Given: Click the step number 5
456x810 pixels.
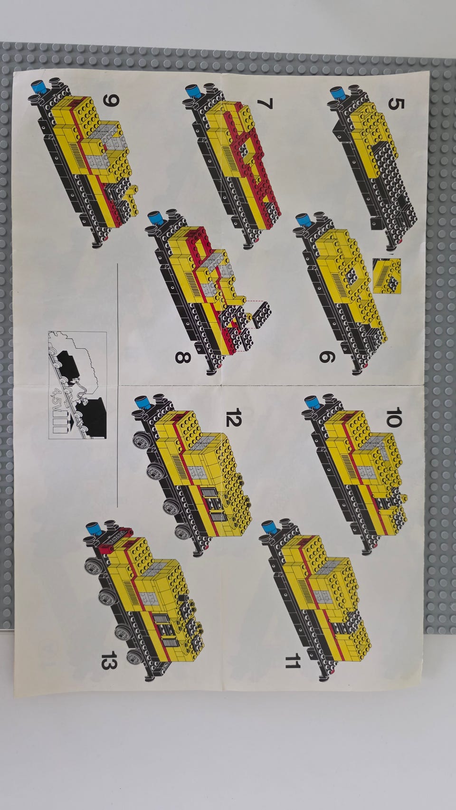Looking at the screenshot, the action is pos(396,104).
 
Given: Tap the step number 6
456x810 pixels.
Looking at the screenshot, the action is pos(326,357).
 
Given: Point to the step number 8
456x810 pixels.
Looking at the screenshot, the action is pos(182,358).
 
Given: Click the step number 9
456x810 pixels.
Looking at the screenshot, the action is pos(111,100).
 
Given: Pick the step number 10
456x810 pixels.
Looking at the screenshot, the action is pos(394,418).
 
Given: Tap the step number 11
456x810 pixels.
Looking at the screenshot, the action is pos(293,660).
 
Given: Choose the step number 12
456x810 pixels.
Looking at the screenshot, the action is pos(233,417).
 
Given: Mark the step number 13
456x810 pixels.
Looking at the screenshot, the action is pos(109,660).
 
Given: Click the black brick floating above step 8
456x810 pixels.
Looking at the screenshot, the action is pos(262,314).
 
